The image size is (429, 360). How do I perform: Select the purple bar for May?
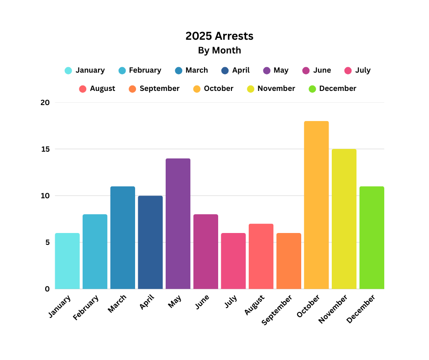point(178,223)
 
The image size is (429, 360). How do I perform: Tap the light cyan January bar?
point(68,261)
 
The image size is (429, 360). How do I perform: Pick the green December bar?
point(371,238)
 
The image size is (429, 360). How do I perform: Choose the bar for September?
point(288,261)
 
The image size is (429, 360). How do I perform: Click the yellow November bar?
point(344,219)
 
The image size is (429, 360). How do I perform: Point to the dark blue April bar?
point(150,242)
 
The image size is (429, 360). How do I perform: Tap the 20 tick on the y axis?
point(45,102)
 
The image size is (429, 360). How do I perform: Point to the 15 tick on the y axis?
point(45,149)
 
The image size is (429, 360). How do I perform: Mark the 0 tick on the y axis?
point(47,289)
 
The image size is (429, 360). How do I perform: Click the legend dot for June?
point(306,70)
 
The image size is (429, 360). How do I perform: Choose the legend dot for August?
point(83,89)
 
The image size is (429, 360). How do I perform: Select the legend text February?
point(145,70)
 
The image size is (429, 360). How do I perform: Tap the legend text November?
point(276,89)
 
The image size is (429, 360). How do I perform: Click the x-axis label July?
point(231,302)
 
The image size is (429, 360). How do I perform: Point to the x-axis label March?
point(117,304)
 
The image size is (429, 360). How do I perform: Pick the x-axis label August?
point(254,306)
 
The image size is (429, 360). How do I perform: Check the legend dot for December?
point(313,89)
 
